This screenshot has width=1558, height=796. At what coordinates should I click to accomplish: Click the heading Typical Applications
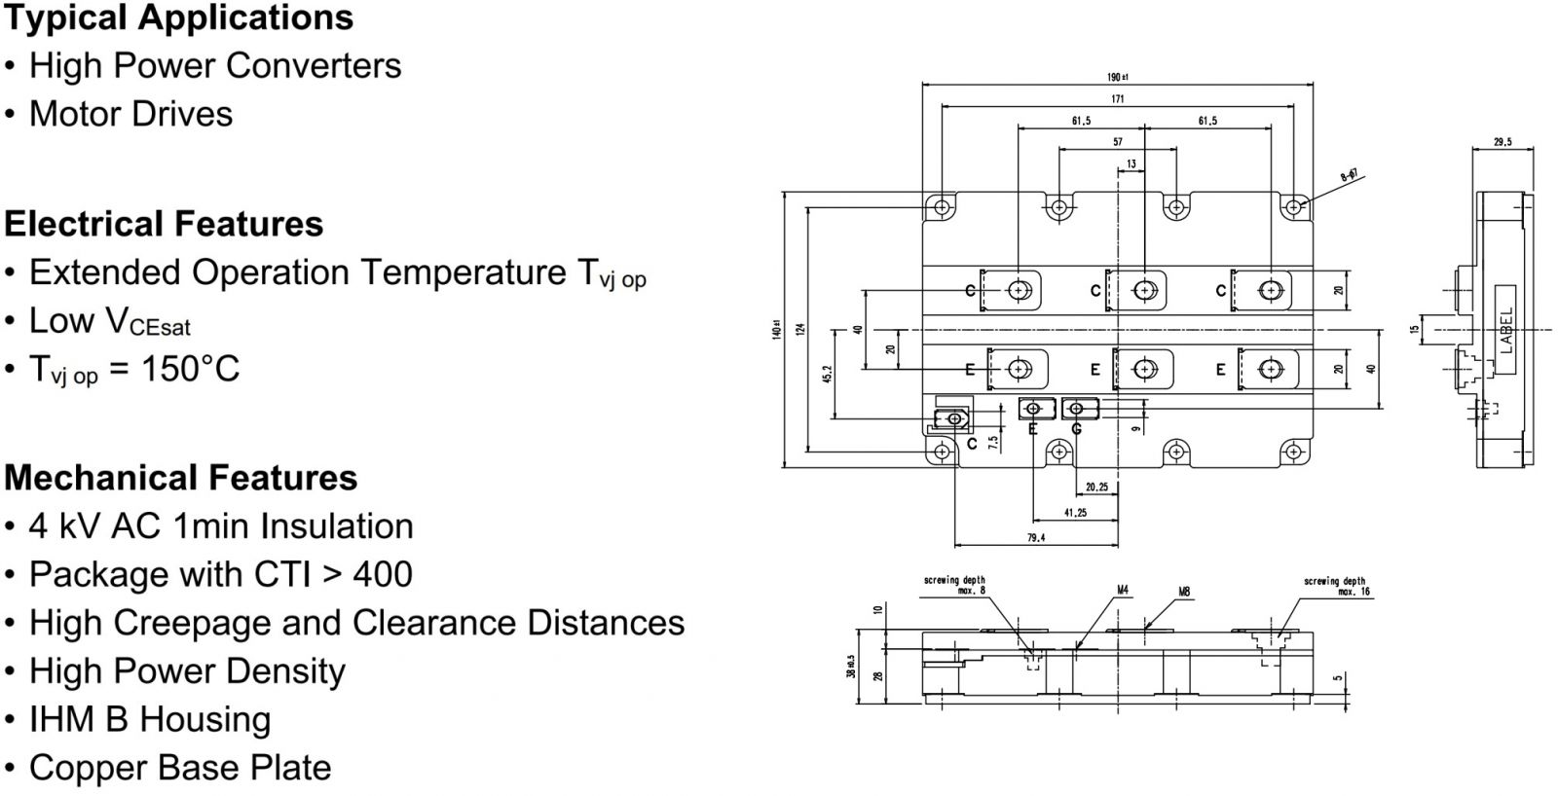point(178,18)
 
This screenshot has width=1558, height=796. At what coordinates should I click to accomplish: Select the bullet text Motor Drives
point(130,114)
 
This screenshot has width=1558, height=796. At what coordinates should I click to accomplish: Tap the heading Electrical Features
point(164,224)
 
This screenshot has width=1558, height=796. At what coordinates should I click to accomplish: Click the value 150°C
point(190,369)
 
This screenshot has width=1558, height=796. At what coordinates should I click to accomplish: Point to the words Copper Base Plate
point(180,768)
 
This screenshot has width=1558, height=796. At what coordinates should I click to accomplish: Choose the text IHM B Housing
point(150,719)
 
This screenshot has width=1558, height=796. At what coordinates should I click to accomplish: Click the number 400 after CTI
point(383,574)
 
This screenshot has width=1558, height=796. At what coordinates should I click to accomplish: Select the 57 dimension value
point(1117,142)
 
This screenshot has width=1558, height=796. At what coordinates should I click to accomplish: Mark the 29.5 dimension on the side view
point(1502,142)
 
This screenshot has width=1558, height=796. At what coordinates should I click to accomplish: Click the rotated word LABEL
point(1506,331)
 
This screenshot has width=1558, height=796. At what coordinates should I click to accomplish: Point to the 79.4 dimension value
point(1035,537)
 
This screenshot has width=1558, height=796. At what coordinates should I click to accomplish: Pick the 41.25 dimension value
point(1075,513)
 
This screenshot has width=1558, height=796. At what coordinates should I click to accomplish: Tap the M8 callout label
point(1184,591)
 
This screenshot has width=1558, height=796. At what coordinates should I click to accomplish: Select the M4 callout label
point(1123,590)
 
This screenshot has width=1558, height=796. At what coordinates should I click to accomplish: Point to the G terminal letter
point(1076,429)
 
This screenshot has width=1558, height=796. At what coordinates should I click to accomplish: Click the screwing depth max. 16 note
point(1336,586)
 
